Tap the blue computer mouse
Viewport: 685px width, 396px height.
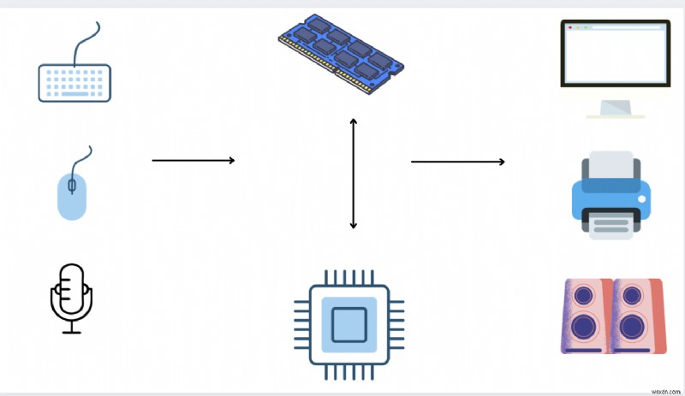(72, 194)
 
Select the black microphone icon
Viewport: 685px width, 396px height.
(71, 295)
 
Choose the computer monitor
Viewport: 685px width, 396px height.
(614, 56)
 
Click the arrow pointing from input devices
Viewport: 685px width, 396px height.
(193, 160)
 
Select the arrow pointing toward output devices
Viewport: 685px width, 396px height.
(457, 161)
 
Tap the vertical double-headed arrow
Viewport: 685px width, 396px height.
(353, 174)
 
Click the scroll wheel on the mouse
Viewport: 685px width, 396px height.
(72, 184)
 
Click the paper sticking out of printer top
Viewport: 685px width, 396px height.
(611, 163)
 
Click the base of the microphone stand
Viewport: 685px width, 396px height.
(71, 331)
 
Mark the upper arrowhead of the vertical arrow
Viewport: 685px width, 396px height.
(353, 122)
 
